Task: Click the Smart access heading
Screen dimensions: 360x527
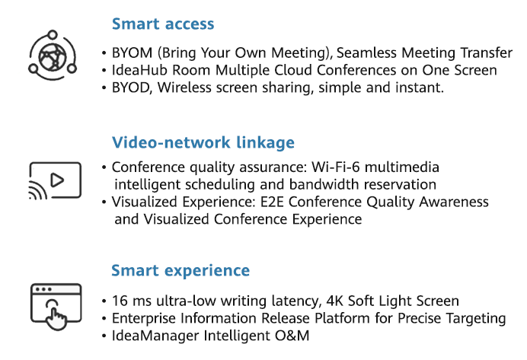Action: click(163, 24)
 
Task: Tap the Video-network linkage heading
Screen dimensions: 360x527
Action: click(203, 142)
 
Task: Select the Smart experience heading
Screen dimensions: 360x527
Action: click(180, 270)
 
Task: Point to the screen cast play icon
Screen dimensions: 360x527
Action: click(54, 180)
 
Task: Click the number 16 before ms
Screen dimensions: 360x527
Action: click(119, 301)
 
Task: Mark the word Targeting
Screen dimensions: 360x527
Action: click(475, 317)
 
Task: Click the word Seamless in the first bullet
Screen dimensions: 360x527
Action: click(363, 53)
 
